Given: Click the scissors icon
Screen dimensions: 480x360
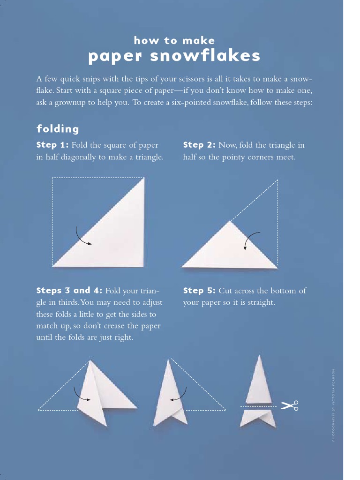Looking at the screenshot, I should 290,405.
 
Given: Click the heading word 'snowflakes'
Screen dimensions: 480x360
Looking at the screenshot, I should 205,56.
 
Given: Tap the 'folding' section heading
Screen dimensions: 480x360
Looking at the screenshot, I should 58,128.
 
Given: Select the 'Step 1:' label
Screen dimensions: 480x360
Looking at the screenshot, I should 52,145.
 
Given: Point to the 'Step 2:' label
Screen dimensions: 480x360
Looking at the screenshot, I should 199,145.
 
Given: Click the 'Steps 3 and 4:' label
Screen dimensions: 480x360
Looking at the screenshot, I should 69,291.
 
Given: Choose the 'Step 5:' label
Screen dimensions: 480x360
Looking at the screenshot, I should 199,291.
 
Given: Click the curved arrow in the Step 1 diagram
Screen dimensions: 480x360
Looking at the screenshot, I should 83,236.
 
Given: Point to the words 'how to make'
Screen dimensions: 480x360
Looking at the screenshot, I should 174,40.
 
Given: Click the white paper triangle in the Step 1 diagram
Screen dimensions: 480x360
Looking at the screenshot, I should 115,234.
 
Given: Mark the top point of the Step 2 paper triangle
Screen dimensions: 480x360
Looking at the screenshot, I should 230,221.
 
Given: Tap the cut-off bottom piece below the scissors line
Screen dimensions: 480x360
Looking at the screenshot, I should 257,418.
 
